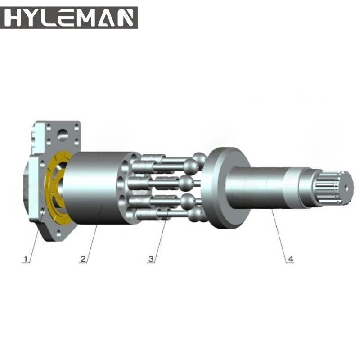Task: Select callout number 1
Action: [x=27, y=259]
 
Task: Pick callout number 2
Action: [x=83, y=259]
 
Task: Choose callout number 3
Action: [x=151, y=259]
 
